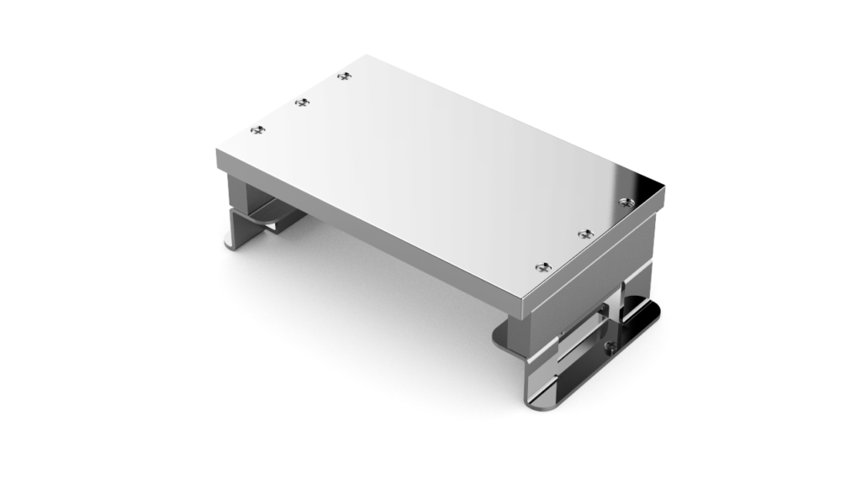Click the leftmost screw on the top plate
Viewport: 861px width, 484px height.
259,129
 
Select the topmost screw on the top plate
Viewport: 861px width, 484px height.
343,76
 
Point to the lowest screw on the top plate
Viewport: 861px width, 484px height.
543,267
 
